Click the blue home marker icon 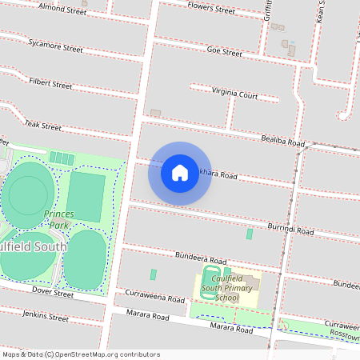[x=180, y=172]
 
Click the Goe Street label [x=224, y=52]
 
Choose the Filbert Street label [x=50, y=82]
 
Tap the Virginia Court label [x=234, y=93]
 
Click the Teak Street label [x=42, y=126]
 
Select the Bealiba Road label [x=283, y=142]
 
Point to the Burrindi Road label [x=290, y=229]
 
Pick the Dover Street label [x=53, y=294]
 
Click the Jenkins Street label [x=46, y=318]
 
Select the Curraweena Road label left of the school [x=154, y=298]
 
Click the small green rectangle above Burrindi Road [x=250, y=234]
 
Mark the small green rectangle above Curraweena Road [x=153, y=274]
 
